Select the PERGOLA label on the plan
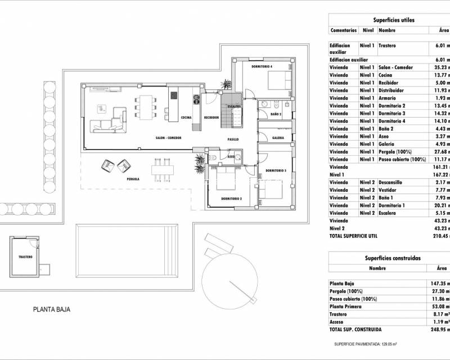pos(133,179)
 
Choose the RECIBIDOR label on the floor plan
pos(211,118)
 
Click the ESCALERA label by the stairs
pos(234,106)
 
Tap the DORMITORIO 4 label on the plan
pos(262,66)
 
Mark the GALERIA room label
pos(278,138)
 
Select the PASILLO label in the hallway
pos(233,138)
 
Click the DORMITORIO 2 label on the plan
pos(231,199)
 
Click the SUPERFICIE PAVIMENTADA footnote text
pos(366,343)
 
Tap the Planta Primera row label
pos(349,307)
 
